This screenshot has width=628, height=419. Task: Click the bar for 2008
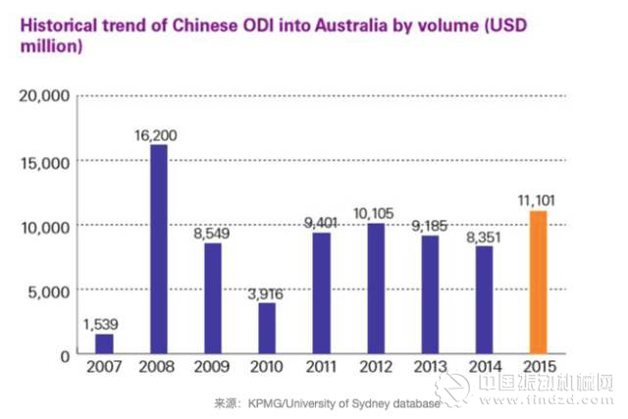pyautogui.click(x=158, y=249)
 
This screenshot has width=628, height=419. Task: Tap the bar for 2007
pyautogui.click(x=104, y=344)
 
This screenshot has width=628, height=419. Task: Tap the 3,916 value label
pyautogui.click(x=266, y=291)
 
